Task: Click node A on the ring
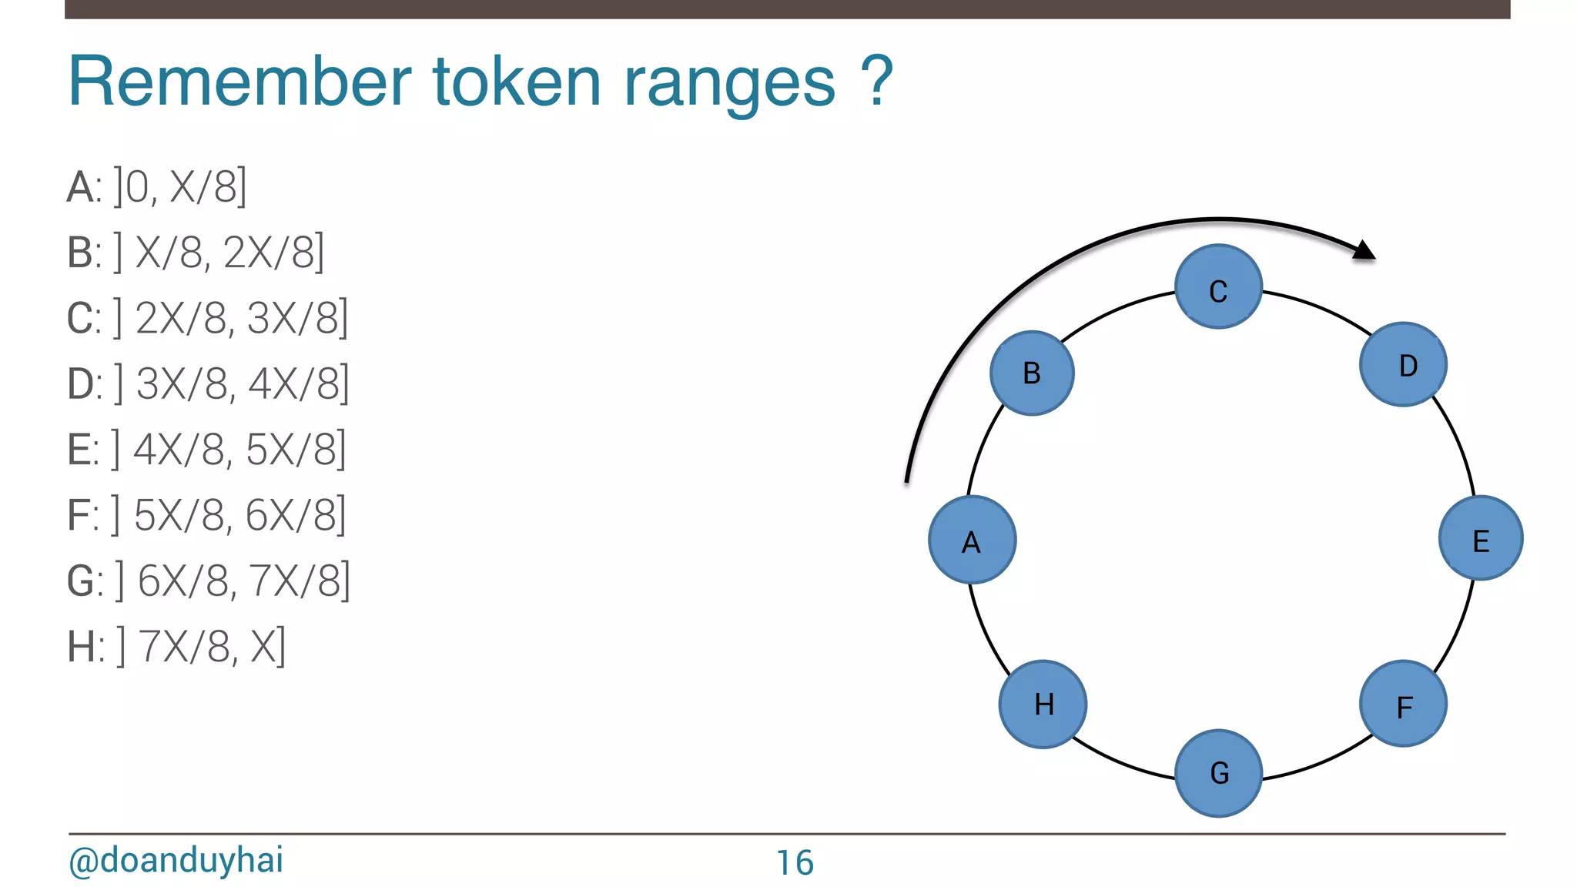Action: [972, 540]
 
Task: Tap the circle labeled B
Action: [1032, 373]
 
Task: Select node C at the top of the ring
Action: [1218, 287]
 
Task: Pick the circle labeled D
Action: [1403, 364]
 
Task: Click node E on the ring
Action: [1480, 538]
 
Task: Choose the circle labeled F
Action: [1403, 704]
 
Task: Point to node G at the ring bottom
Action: [1218, 772]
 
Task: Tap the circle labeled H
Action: [1043, 704]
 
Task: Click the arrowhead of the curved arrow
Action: [1364, 250]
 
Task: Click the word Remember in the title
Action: [239, 82]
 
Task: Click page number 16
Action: [794, 862]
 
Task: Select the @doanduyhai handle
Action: [176, 860]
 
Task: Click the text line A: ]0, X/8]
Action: [157, 187]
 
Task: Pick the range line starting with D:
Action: [208, 383]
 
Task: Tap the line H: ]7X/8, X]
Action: [176, 646]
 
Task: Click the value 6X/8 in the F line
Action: [291, 515]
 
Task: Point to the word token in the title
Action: [517, 82]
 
